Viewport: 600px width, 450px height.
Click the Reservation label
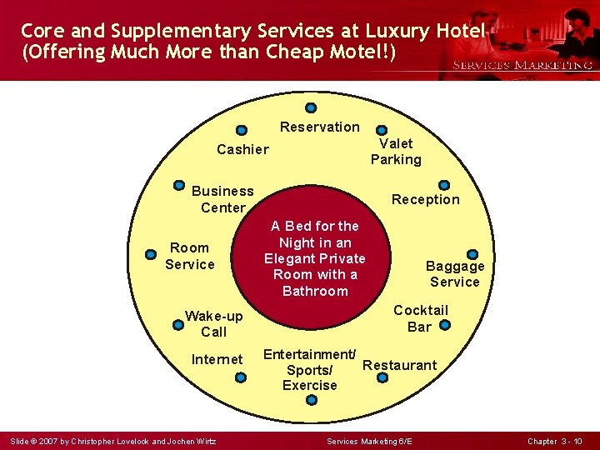pyautogui.click(x=319, y=127)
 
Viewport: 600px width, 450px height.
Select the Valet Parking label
pyautogui.click(x=396, y=152)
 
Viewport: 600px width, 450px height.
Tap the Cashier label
pyautogui.click(x=242, y=150)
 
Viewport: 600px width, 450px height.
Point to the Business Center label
pyautogui.click(x=222, y=199)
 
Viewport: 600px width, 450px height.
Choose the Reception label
pyautogui.click(x=425, y=200)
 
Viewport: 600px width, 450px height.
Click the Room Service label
pyautogui.click(x=189, y=256)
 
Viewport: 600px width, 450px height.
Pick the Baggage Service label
pyautogui.click(x=455, y=274)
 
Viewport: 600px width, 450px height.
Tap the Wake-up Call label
pyautogui.click(x=213, y=324)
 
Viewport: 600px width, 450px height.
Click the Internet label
pyautogui.click(x=217, y=360)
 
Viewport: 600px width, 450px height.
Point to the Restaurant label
pyautogui.click(x=399, y=365)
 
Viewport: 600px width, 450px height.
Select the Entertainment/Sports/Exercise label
pyautogui.click(x=310, y=370)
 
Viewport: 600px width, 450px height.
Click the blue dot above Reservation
pyautogui.click(x=311, y=107)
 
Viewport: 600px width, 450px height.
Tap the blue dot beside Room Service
pyautogui.click(x=151, y=254)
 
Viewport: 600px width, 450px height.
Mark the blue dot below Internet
pyautogui.click(x=241, y=377)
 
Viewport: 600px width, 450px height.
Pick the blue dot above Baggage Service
pyautogui.click(x=472, y=254)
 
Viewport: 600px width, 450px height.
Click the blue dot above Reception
pyautogui.click(x=444, y=185)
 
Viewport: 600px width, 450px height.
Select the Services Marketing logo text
pyautogui.click(x=522, y=65)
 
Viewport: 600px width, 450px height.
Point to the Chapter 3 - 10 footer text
pyautogui.click(x=554, y=440)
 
